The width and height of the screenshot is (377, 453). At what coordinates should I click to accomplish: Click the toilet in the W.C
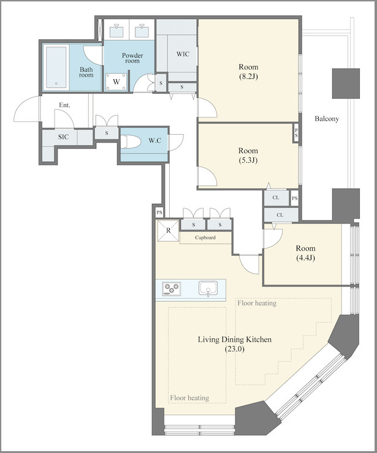(x=131, y=142)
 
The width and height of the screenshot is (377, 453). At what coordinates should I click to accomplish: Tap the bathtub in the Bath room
(x=56, y=67)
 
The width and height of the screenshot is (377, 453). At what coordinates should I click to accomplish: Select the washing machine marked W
(x=116, y=81)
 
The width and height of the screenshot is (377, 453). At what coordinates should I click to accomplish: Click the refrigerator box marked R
(x=168, y=231)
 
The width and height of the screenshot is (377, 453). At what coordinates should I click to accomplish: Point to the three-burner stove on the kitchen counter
(x=171, y=288)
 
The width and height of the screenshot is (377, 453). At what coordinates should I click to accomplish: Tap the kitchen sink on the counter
(x=208, y=288)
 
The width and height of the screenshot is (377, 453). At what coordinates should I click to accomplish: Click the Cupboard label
(x=205, y=238)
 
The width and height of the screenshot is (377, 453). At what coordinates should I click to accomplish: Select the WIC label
(x=183, y=54)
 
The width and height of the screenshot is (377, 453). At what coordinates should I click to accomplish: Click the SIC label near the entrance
(x=63, y=137)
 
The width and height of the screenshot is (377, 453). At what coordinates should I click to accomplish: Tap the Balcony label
(x=327, y=119)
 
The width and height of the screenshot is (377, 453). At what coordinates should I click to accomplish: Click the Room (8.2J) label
(x=248, y=72)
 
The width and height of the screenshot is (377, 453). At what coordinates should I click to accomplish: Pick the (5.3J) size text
(x=248, y=160)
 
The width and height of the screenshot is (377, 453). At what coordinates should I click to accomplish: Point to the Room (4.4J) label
(x=305, y=253)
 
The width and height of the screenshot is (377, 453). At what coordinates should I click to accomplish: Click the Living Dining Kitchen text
(x=235, y=339)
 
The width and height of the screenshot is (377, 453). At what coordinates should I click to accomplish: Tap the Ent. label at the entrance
(x=64, y=105)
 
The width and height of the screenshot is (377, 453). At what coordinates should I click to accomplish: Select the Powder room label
(x=132, y=58)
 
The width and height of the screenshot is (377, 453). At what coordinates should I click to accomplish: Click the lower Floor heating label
(x=189, y=398)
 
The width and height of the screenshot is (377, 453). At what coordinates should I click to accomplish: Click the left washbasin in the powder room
(x=117, y=30)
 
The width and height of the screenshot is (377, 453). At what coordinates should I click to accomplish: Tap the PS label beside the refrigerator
(x=159, y=212)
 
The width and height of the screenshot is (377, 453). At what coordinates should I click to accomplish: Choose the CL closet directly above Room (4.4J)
(x=280, y=215)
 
